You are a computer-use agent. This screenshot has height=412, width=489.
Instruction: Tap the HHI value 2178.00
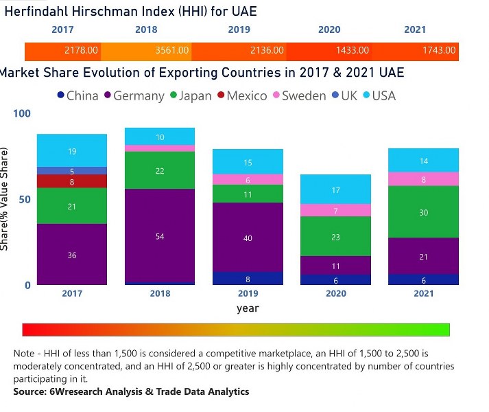[82, 50]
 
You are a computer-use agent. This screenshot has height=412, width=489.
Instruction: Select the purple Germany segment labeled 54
[160, 236]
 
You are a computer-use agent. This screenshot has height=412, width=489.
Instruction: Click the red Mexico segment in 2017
[72, 181]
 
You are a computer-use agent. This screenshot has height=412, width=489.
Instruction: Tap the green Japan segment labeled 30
[423, 212]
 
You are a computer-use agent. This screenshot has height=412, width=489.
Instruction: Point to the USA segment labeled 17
[335, 190]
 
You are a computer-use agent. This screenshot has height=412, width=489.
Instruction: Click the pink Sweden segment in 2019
[248, 179]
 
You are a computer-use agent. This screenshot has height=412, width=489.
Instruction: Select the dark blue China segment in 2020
[335, 279]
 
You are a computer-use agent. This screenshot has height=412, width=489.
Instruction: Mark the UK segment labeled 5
[72, 171]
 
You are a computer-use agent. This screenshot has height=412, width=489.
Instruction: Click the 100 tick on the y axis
[23, 113]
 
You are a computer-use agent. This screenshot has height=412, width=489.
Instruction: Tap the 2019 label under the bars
[248, 293]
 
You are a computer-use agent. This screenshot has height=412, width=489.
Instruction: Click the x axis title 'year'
[248, 308]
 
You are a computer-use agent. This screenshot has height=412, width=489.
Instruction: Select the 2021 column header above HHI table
[414, 30]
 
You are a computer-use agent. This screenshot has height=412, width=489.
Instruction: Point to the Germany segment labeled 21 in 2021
[423, 257]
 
